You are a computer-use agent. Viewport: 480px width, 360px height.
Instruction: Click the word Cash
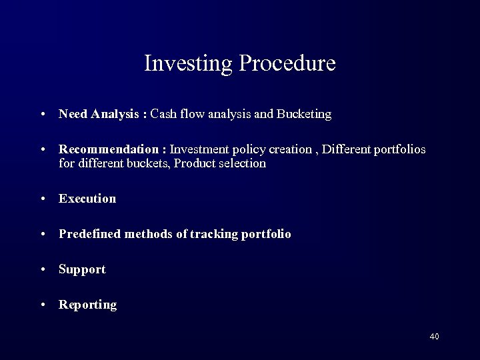[x=163, y=114]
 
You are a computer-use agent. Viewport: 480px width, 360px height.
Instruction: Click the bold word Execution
[x=87, y=199]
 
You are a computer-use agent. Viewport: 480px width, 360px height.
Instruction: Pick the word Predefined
[x=88, y=235]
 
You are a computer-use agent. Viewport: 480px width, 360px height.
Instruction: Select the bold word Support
[x=82, y=270]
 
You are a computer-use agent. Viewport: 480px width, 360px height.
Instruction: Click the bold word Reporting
[x=87, y=305]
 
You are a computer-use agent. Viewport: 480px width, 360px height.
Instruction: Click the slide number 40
[x=434, y=337]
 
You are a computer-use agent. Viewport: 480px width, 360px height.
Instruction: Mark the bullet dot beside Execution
[x=43, y=199]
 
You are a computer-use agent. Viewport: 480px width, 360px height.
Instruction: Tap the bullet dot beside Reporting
[x=43, y=305]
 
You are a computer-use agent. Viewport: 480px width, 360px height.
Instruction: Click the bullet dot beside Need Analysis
[x=43, y=115]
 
